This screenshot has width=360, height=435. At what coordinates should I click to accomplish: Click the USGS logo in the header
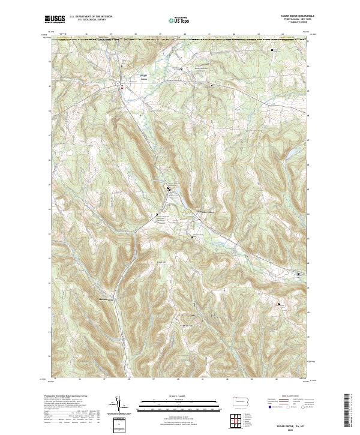[55, 20]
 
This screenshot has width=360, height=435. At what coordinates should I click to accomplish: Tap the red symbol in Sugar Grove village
[122, 88]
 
